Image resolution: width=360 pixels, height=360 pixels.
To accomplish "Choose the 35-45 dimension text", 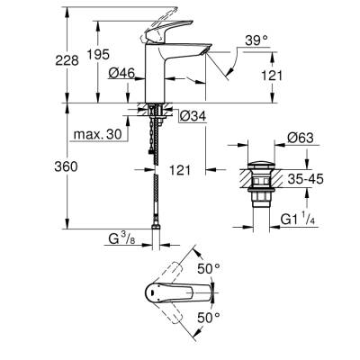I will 303,178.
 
